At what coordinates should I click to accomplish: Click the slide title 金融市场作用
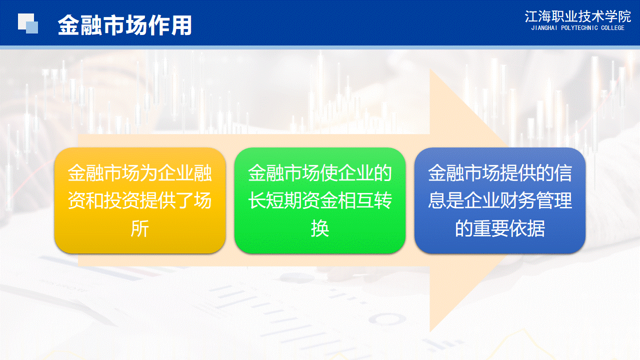(x=125, y=25)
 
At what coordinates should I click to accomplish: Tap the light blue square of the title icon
(x=32, y=27)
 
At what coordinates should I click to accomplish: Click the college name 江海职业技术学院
(x=577, y=16)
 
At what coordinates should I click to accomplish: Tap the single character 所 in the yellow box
(x=139, y=228)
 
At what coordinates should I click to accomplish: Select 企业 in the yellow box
(x=175, y=173)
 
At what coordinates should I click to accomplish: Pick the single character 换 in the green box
(x=320, y=228)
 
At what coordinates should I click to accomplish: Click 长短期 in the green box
(x=275, y=200)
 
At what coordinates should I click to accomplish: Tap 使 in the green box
(x=328, y=173)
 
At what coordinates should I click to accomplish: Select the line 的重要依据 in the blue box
(x=500, y=228)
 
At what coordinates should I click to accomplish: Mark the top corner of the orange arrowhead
(x=430, y=68)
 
